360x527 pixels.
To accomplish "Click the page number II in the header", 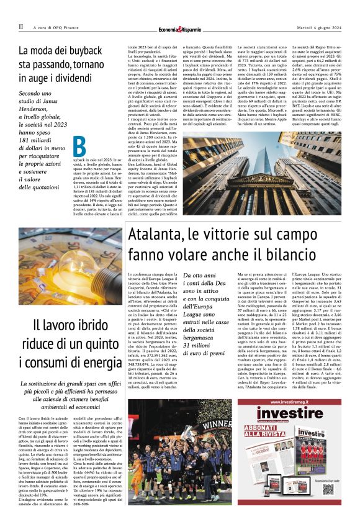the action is coord(20,27).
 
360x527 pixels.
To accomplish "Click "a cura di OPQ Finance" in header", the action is coord(59,27).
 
